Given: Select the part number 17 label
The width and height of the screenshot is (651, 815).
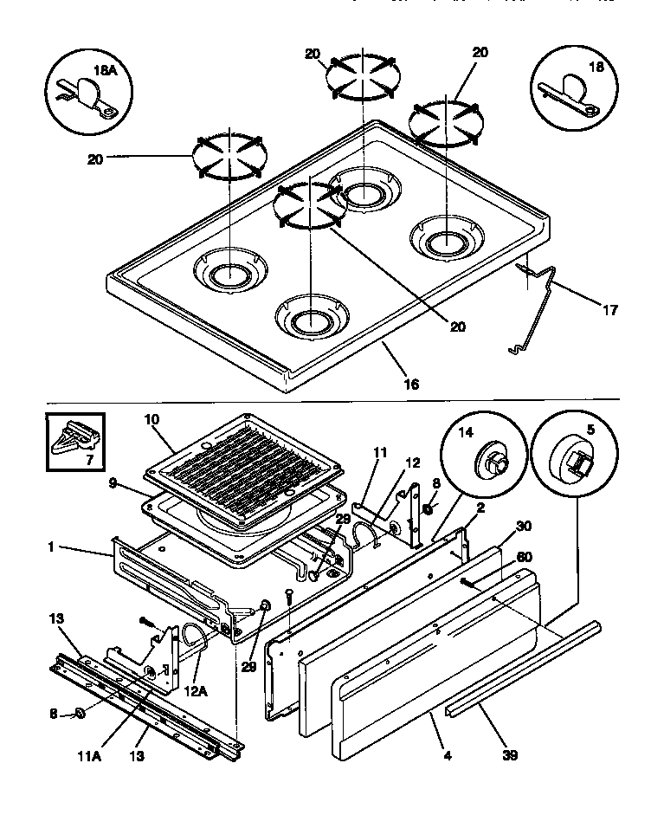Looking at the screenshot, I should [x=609, y=309].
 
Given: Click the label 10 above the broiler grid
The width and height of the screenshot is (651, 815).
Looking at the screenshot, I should [x=152, y=420].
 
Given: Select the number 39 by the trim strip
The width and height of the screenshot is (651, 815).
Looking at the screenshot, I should [x=509, y=755].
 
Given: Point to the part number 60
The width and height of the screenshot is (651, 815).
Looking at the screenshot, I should [x=524, y=557].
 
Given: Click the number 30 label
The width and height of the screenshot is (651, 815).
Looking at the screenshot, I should [x=522, y=525].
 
